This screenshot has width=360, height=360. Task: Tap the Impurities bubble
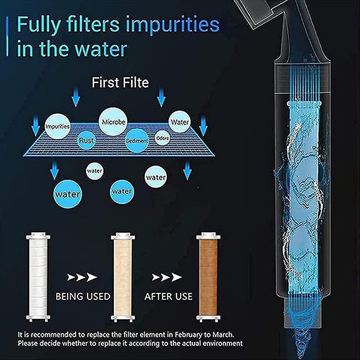click(x=57, y=126)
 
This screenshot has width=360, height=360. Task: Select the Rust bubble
click(x=86, y=140)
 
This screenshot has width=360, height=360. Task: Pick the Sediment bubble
click(x=137, y=140)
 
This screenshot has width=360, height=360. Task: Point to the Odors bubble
click(x=163, y=138)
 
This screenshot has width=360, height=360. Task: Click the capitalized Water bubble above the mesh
click(x=180, y=122)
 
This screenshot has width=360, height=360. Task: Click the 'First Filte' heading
click(x=120, y=82)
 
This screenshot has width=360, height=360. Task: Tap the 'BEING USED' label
click(x=83, y=296)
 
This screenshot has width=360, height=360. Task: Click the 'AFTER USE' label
click(x=168, y=296)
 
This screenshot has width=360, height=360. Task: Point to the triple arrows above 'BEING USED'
click(x=82, y=277)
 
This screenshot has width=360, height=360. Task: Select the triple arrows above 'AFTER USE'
click(x=167, y=277)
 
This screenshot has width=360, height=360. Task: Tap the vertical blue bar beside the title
click(x=7, y=36)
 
